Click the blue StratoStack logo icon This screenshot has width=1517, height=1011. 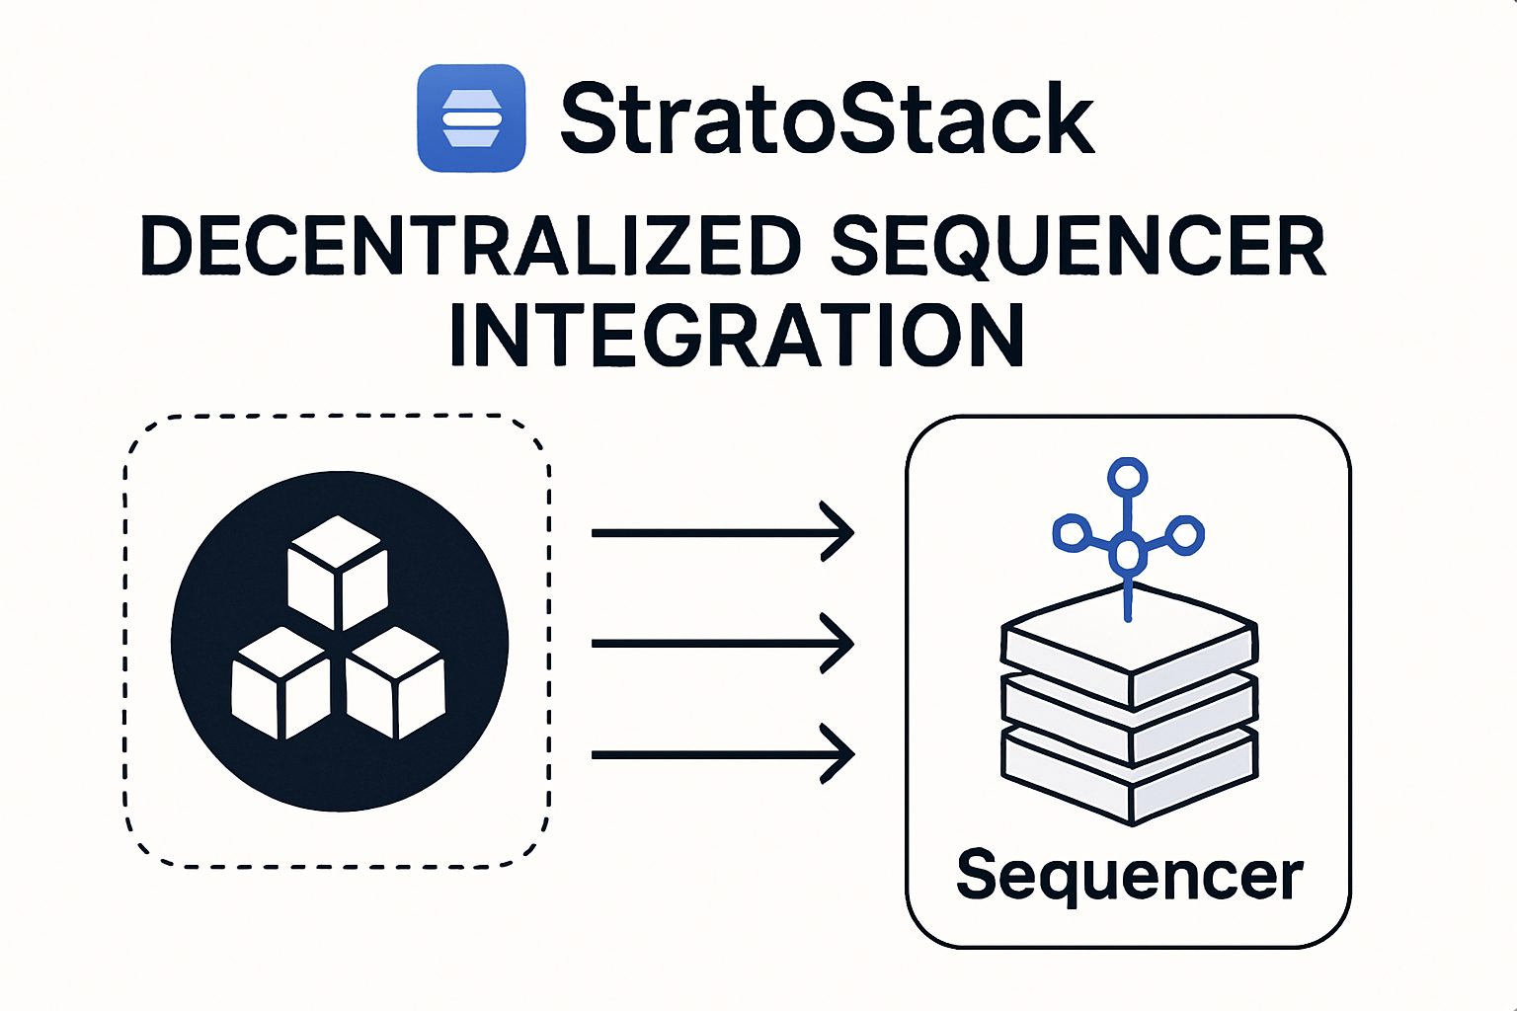pos(471,118)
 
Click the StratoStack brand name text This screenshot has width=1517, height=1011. pos(828,119)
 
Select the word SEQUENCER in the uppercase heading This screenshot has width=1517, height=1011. pos(1078,246)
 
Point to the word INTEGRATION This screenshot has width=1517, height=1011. pos(737,337)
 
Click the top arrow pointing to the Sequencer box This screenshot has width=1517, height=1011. pos(721,532)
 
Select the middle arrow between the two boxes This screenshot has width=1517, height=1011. pos(721,643)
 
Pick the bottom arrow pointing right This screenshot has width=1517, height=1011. pos(721,754)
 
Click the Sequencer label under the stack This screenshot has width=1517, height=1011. pos(1130,875)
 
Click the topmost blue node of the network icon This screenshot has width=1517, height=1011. pos(1127,478)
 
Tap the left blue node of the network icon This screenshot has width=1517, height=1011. pos(1071,533)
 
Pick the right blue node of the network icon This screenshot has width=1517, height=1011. pos(1184,534)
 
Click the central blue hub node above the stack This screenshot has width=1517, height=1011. pos(1128,552)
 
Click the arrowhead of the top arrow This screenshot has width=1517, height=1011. pos(839,532)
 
